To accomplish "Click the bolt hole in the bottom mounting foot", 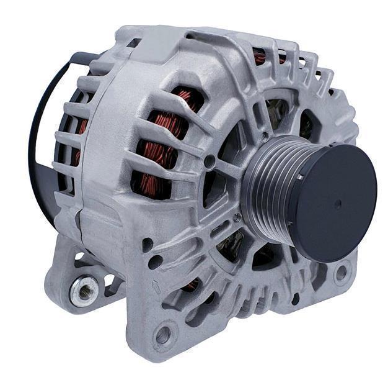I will click(163, 335).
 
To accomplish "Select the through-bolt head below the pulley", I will click(236, 217).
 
